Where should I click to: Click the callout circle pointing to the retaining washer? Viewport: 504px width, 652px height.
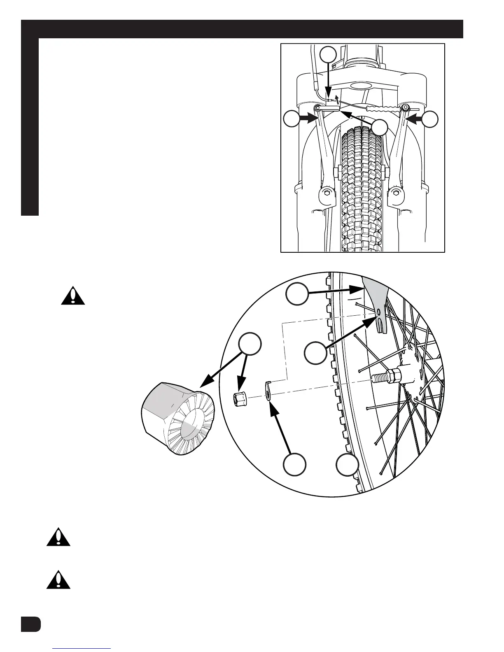295,464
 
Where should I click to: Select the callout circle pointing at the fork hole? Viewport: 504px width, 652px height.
315,352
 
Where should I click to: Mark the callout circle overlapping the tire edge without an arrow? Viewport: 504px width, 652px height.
347,464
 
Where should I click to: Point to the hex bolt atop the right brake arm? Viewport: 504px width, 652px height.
405,107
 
